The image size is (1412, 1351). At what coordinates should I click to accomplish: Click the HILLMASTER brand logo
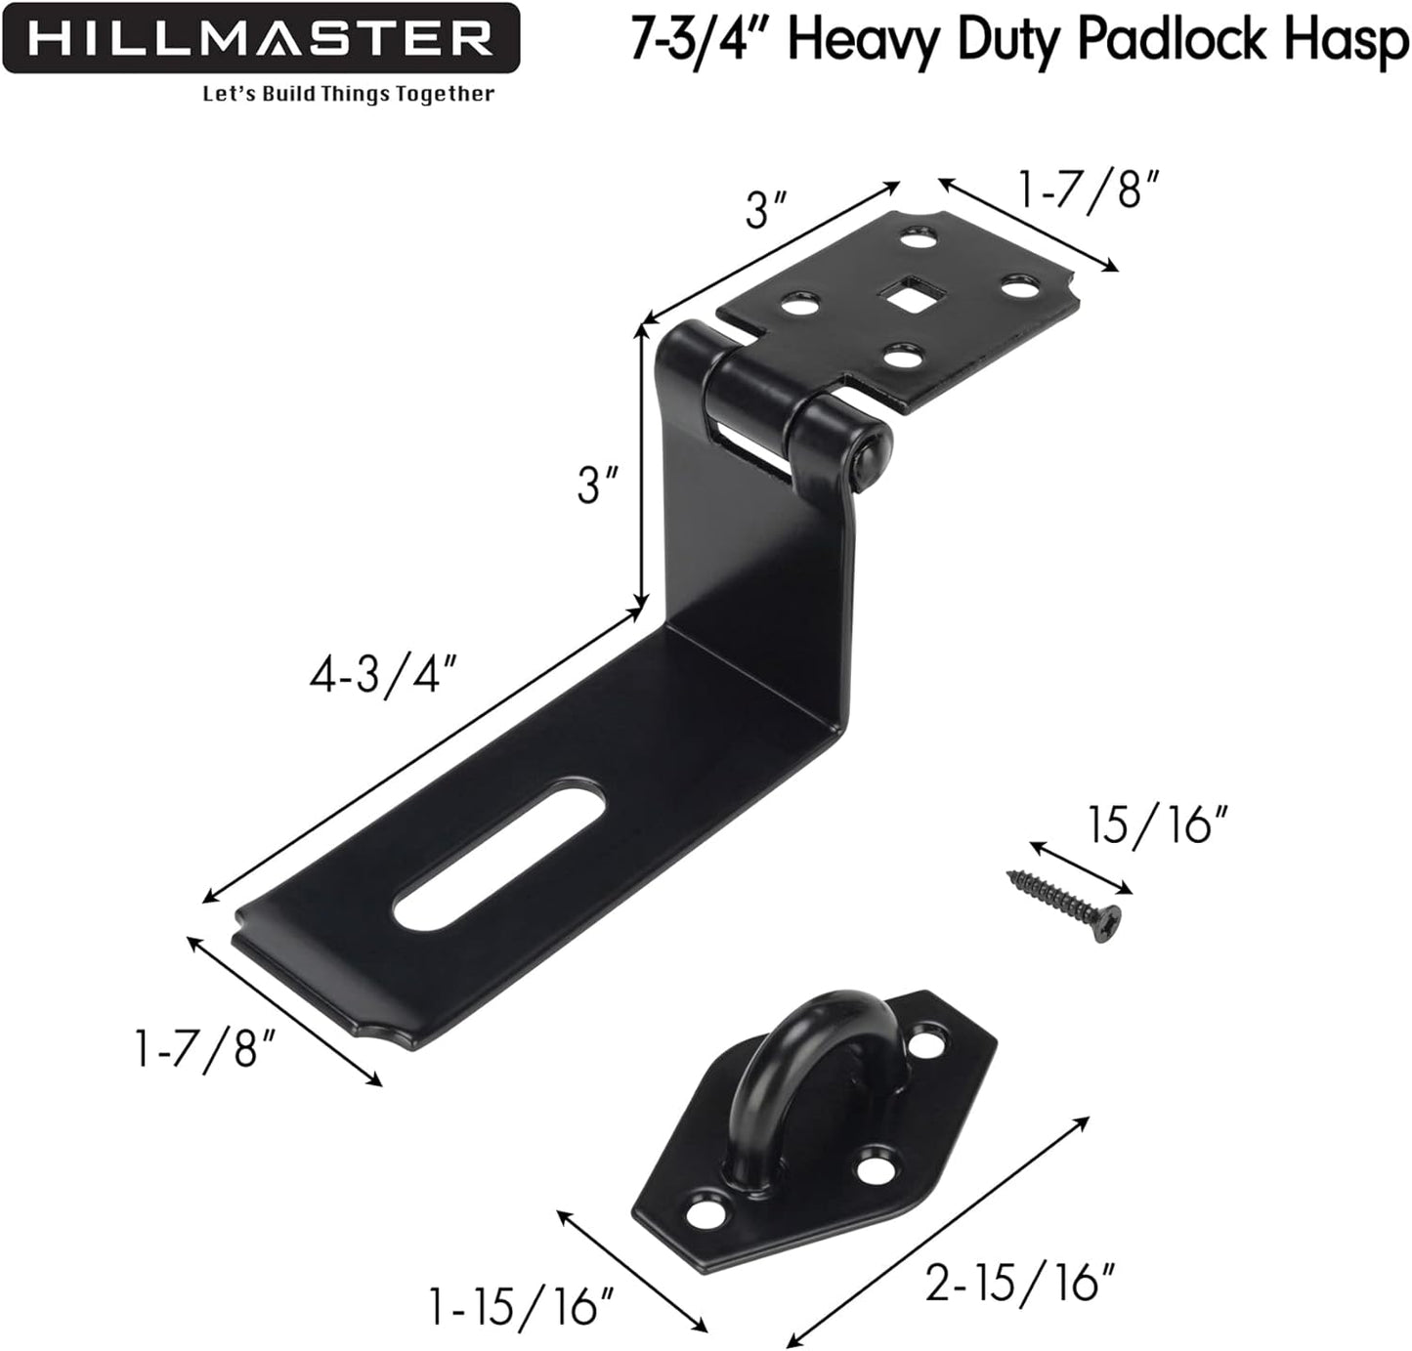pos(260,39)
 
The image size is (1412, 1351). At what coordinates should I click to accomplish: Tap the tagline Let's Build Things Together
pos(348,95)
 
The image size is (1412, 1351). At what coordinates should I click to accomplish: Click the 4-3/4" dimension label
pos(382,676)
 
